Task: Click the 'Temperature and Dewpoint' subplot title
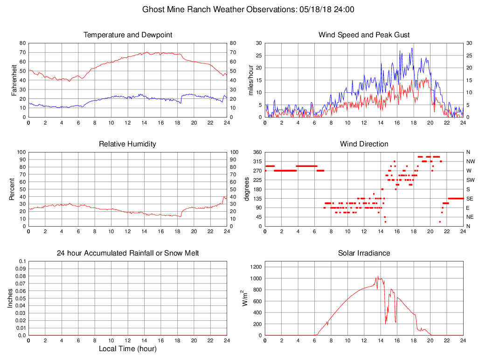pos(128,35)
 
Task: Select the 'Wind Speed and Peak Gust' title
pos(364,35)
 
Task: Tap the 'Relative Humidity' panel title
pos(128,144)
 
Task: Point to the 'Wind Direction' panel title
pos(364,144)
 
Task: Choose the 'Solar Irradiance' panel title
pos(364,253)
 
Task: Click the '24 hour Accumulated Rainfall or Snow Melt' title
pos(128,253)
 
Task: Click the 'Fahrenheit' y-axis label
pos(15,80)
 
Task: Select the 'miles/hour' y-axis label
pos(251,80)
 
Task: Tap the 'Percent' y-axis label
pos(12,189)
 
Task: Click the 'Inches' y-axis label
pos(10,298)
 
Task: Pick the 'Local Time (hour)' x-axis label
pos(128,349)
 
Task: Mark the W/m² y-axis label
pos(244,298)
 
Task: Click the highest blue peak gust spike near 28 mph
pos(412,48)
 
